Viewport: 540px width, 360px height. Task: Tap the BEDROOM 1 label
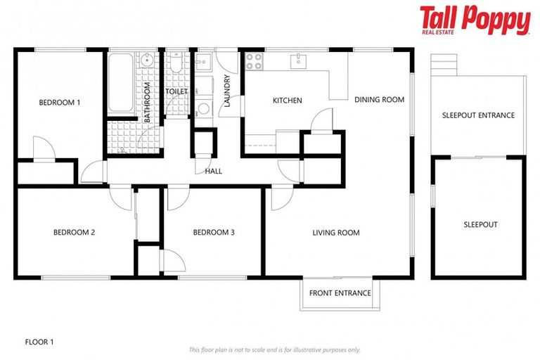pyautogui.click(x=59, y=103)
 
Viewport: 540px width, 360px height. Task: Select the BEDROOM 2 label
pyautogui.click(x=74, y=233)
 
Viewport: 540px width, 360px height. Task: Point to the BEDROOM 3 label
pyautogui.click(x=214, y=233)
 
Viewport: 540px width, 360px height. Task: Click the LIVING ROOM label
pyautogui.click(x=336, y=233)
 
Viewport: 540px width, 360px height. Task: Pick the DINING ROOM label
pyautogui.click(x=379, y=100)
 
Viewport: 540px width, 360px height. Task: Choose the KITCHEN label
pyautogui.click(x=287, y=101)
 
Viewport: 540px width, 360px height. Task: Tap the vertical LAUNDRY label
pyautogui.click(x=226, y=91)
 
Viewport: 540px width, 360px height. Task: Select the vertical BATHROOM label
pyautogui.click(x=147, y=103)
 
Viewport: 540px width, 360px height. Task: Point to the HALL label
pyautogui.click(x=214, y=171)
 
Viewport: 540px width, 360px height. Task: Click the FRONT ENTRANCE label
pyautogui.click(x=340, y=293)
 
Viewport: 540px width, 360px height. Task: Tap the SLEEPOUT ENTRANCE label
pyautogui.click(x=478, y=115)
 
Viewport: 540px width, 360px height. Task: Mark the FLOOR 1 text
pyautogui.click(x=39, y=342)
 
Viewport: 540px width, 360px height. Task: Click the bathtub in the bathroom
pyautogui.click(x=120, y=83)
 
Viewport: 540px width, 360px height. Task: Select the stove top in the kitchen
pyautogui.click(x=255, y=61)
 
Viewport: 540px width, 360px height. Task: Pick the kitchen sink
pyautogui.click(x=299, y=60)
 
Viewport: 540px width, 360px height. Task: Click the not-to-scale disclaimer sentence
pyautogui.click(x=274, y=349)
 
